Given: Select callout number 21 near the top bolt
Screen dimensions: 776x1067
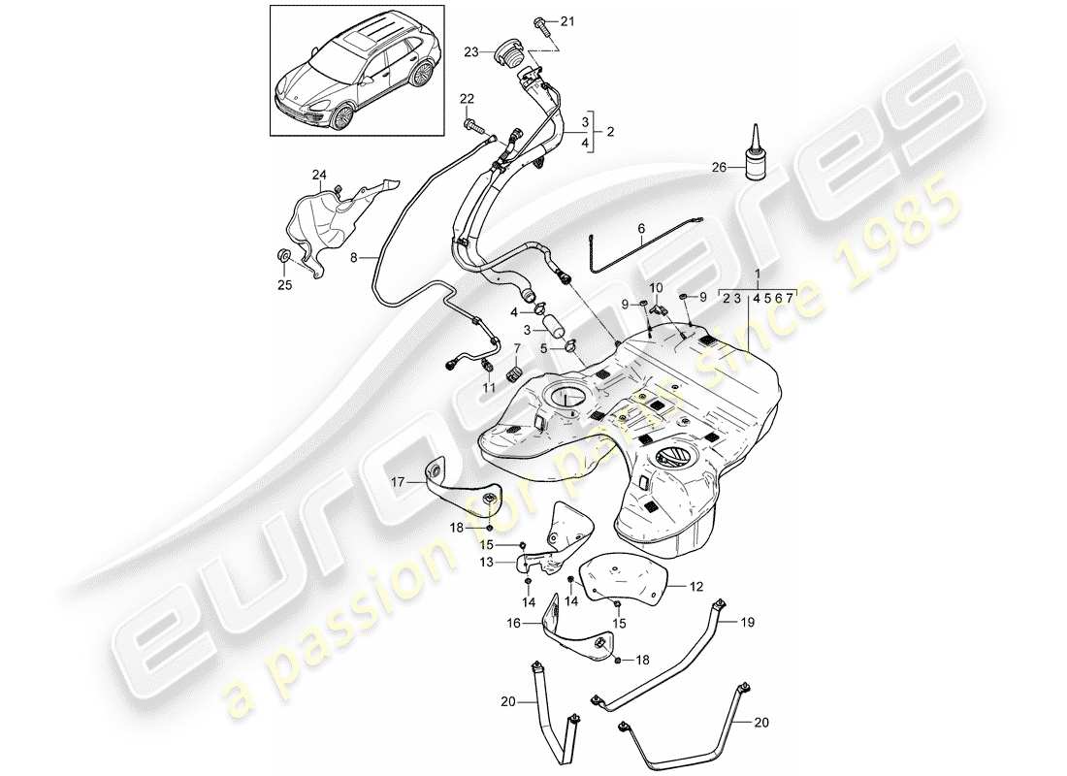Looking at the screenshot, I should (566, 21).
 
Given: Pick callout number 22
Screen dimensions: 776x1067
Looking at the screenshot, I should (468, 100).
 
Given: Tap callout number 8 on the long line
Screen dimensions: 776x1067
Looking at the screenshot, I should (354, 259).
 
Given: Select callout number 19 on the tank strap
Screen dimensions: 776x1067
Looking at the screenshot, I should (748, 621).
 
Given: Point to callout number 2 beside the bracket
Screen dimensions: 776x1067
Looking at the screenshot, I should (610, 131).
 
